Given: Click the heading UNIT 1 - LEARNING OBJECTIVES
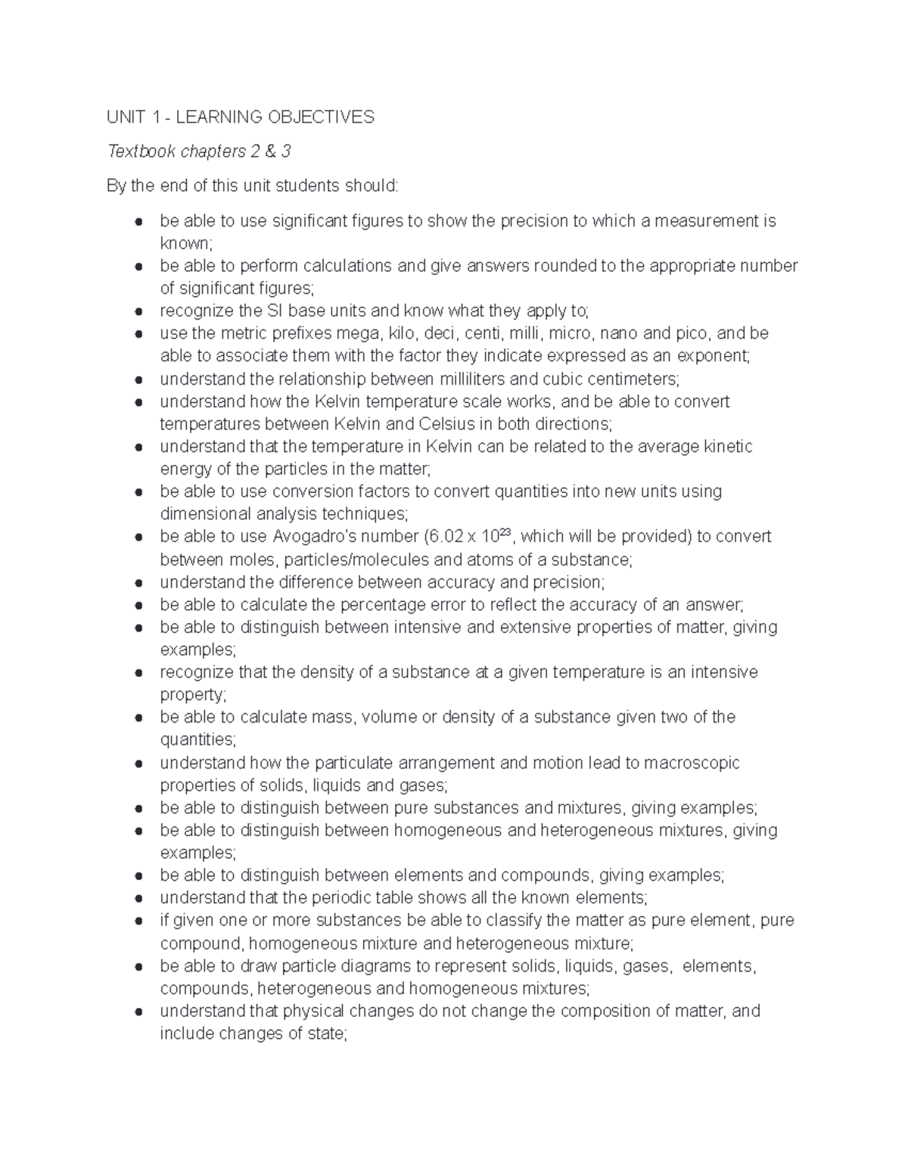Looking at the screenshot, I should point(241,117).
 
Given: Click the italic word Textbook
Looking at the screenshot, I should point(139,151).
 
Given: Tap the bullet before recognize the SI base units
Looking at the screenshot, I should point(138,311).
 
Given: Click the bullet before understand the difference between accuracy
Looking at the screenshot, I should point(138,583).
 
